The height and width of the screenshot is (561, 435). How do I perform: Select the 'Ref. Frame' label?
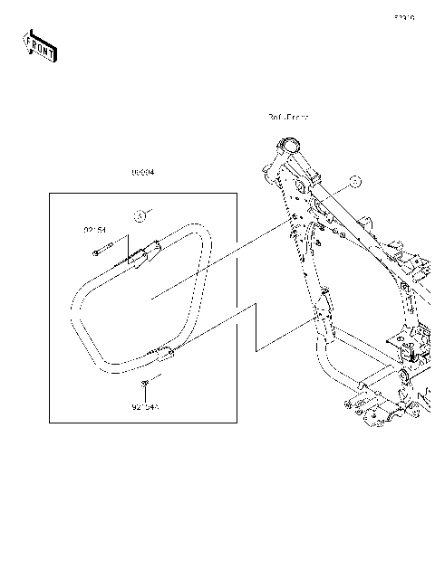(288, 118)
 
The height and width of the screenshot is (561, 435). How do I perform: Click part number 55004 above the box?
(142, 172)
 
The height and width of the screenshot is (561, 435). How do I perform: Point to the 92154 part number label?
(96, 230)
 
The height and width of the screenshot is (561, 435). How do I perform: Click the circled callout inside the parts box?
(140, 215)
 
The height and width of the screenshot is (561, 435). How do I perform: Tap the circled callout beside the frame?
(355, 181)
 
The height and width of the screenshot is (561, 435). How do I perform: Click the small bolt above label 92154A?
(145, 386)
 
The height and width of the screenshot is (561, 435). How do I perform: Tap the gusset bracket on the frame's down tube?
(324, 302)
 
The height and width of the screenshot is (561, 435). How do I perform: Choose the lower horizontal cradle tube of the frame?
(362, 371)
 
